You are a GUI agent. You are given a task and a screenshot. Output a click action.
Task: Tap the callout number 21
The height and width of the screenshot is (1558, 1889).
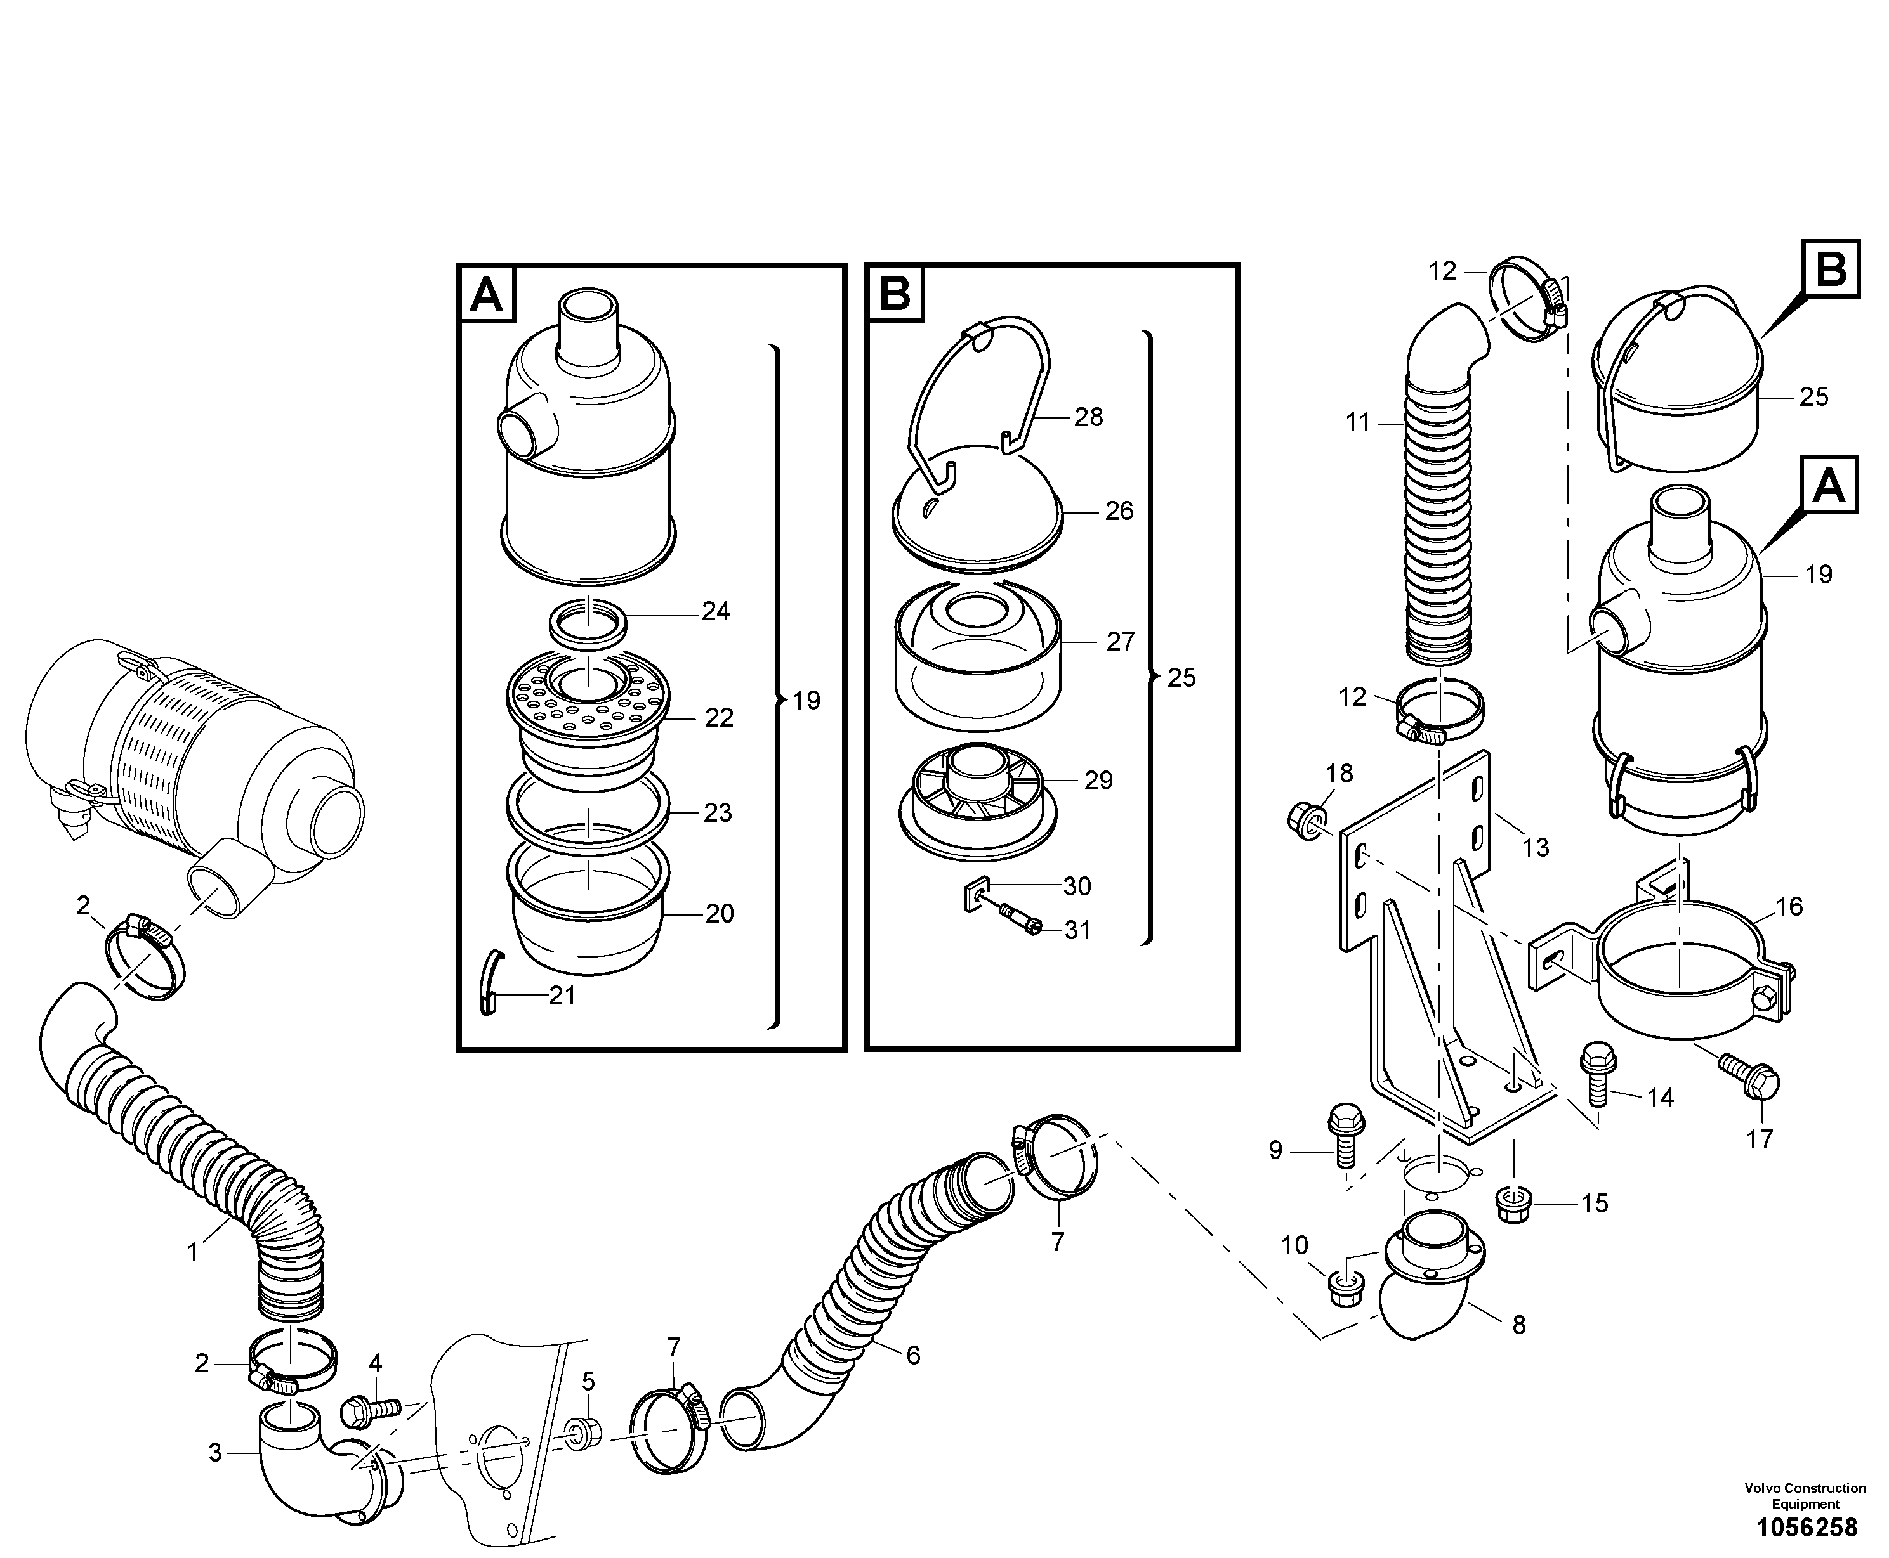point(562,996)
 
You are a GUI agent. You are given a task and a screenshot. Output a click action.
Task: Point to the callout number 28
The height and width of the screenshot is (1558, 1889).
point(1088,417)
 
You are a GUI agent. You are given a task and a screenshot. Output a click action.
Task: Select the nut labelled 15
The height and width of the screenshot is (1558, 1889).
point(1515,1204)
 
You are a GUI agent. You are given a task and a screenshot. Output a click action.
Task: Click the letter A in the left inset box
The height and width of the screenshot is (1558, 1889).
point(487,294)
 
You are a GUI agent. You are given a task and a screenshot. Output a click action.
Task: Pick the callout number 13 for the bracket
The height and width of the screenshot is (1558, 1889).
point(1536,847)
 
